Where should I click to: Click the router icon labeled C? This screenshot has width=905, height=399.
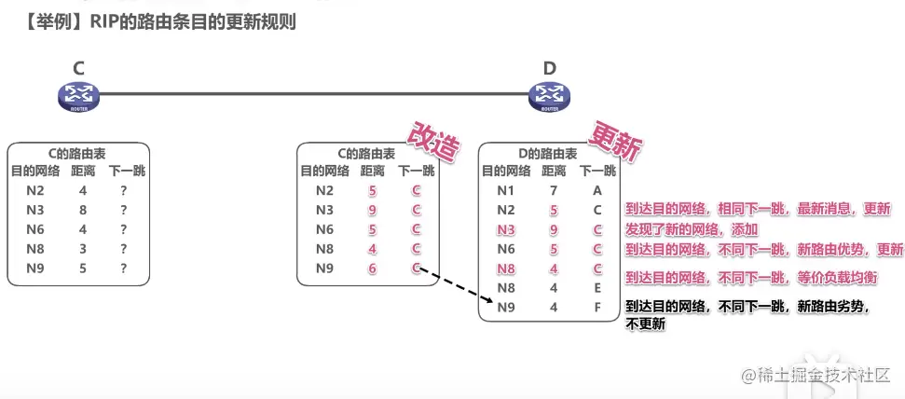78,93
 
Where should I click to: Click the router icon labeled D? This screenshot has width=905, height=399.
549,93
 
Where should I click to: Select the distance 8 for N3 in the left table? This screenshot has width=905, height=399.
83,211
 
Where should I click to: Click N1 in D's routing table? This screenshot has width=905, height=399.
505,190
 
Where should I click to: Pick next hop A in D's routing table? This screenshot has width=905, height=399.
597,190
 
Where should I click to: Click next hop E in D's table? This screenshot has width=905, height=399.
597,288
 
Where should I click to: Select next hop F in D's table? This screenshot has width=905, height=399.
597,308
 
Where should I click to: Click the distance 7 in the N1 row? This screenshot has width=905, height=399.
554,190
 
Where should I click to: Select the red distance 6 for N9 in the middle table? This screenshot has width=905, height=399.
373,268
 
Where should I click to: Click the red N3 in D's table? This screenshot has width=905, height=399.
505,229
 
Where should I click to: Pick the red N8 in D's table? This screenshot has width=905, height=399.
505,268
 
